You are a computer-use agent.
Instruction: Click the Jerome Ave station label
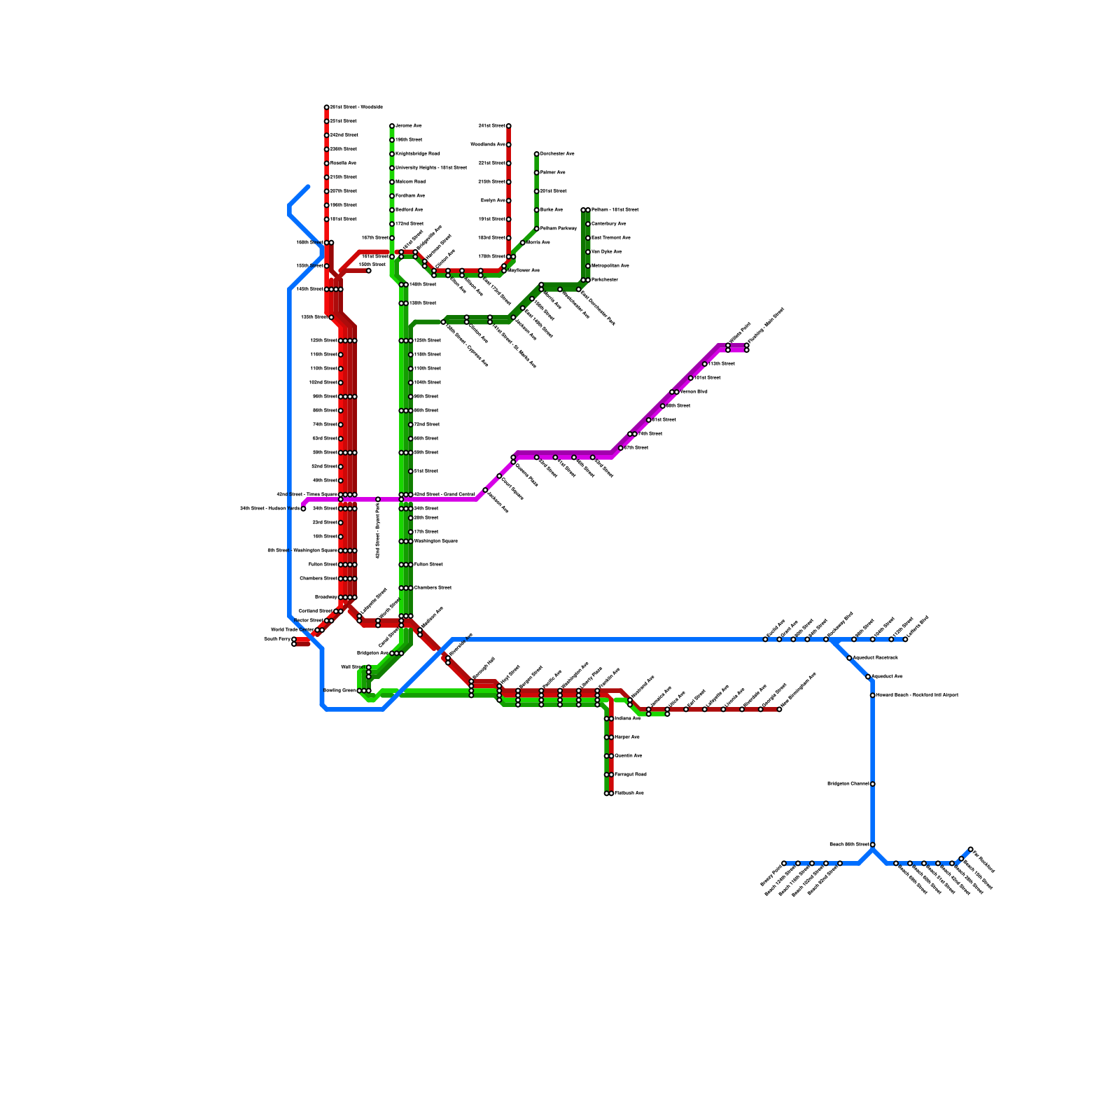pyautogui.click(x=408, y=126)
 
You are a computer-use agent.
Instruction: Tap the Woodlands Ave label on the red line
pyautogui.click(x=487, y=145)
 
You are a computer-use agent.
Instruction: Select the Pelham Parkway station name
pyautogui.click(x=559, y=229)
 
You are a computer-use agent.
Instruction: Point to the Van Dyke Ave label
pyautogui.click(x=606, y=252)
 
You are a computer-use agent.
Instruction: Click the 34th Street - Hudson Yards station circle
pyautogui.click(x=303, y=509)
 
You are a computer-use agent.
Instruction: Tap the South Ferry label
pyautogui.click(x=277, y=639)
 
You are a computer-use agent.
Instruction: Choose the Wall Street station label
pyautogui.click(x=353, y=667)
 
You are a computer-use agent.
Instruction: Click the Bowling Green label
pyautogui.click(x=340, y=691)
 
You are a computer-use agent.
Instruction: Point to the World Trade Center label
pyautogui.click(x=293, y=630)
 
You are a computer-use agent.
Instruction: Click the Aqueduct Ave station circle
pyautogui.click(x=868, y=677)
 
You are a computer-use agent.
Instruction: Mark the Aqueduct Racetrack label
pyautogui.click(x=875, y=658)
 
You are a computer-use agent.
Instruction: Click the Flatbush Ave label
pyautogui.click(x=629, y=793)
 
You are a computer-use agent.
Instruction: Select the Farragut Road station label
pyautogui.click(x=630, y=775)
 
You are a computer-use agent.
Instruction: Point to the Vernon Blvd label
pyautogui.click(x=693, y=392)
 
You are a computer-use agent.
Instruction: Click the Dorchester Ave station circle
pyautogui.click(x=537, y=154)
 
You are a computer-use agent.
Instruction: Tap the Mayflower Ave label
pyautogui.click(x=523, y=270)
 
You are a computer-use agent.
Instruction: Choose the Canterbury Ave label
pyautogui.click(x=608, y=224)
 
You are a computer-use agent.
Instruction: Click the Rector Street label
pyautogui.click(x=309, y=621)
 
